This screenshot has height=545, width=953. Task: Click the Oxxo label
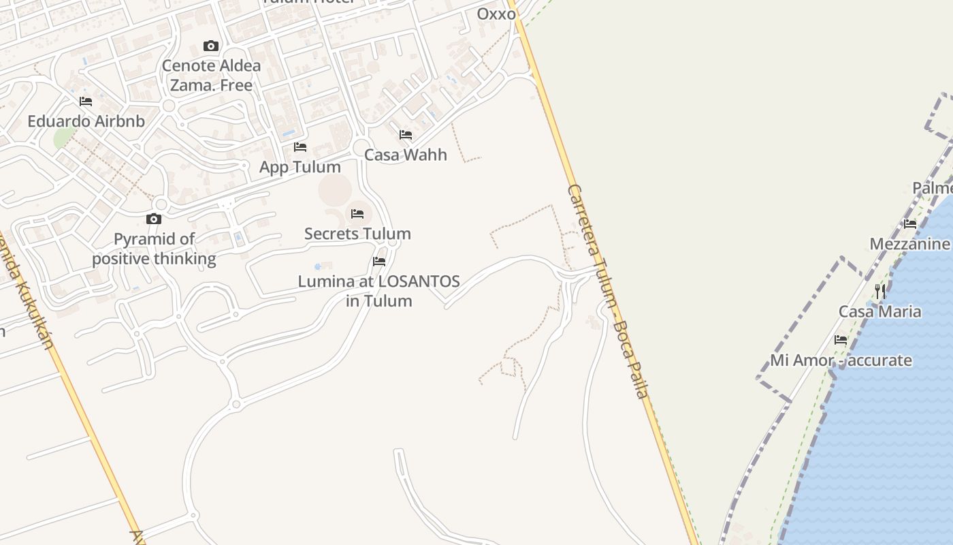pos(496,14)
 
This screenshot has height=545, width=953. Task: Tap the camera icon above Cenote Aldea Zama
pos(211,46)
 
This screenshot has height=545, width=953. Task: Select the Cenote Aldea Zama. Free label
pos(211,76)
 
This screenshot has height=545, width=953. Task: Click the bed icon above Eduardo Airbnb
pos(86,102)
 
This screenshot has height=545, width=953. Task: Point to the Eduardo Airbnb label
pos(86,121)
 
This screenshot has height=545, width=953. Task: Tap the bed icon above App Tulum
pos(300,147)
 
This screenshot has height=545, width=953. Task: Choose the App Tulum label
pos(300,167)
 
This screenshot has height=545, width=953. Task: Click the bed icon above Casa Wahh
pos(406,135)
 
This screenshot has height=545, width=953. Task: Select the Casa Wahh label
pos(406,155)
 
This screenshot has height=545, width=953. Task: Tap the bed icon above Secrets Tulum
pos(357,214)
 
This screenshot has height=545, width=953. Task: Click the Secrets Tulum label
pos(357,234)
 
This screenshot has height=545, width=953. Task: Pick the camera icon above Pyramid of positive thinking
pos(154,219)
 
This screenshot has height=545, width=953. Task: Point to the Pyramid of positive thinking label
pos(154,249)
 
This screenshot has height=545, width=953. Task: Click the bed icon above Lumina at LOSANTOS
pos(379,261)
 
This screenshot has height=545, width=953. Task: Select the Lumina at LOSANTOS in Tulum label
pos(379,291)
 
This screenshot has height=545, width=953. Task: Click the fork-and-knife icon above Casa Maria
pos(880,292)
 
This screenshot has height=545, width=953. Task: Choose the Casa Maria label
pos(880,311)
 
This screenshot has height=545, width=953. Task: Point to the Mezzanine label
pos(910,244)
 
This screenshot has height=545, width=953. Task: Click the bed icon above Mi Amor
pos(841,340)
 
